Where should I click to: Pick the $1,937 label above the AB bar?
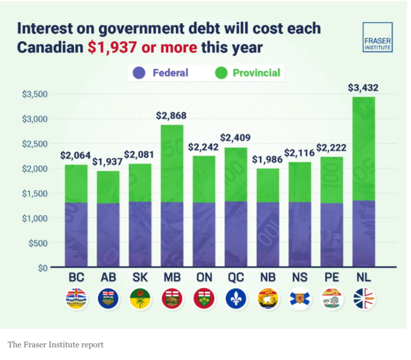(x=107, y=161)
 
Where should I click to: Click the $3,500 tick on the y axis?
(x=35, y=94)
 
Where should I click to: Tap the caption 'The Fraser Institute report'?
(x=55, y=345)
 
